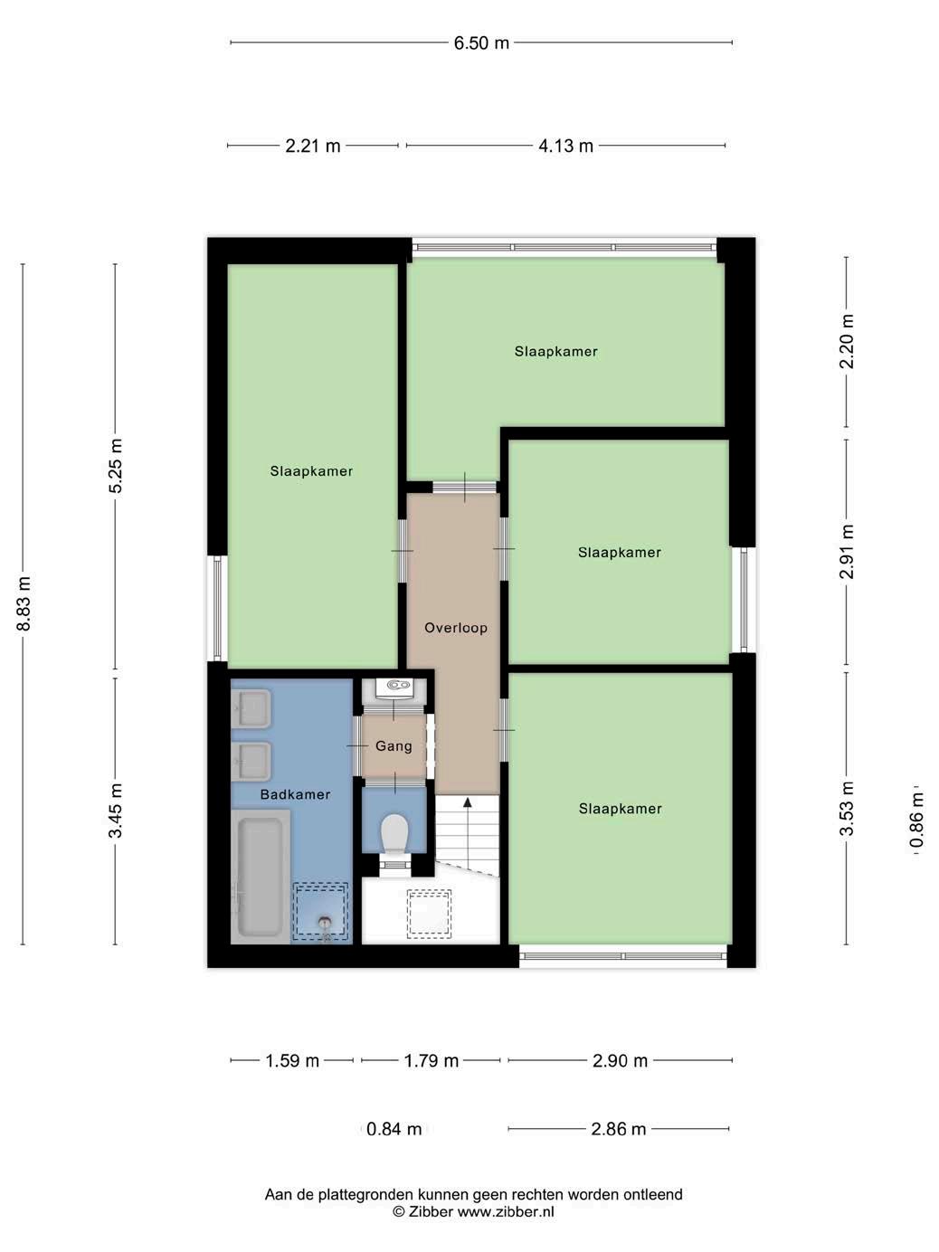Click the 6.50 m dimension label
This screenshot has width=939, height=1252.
click(x=481, y=43)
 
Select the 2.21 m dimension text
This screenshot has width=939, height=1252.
click(x=312, y=146)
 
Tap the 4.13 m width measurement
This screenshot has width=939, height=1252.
click(x=565, y=146)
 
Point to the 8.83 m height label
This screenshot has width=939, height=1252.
click(x=24, y=602)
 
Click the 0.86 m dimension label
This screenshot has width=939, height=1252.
click(x=916, y=820)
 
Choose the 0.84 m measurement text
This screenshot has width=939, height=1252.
click(x=394, y=1129)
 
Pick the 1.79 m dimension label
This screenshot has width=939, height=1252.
click(x=431, y=1061)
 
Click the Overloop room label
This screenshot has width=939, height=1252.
click(x=456, y=628)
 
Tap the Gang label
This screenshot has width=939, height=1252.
click(x=394, y=746)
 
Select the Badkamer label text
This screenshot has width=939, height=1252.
click(x=295, y=794)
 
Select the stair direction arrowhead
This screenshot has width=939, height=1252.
click(x=468, y=802)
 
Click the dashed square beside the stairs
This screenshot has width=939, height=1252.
click(x=429, y=915)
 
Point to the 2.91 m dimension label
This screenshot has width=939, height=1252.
click(x=847, y=551)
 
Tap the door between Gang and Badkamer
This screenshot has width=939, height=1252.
click(x=357, y=746)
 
